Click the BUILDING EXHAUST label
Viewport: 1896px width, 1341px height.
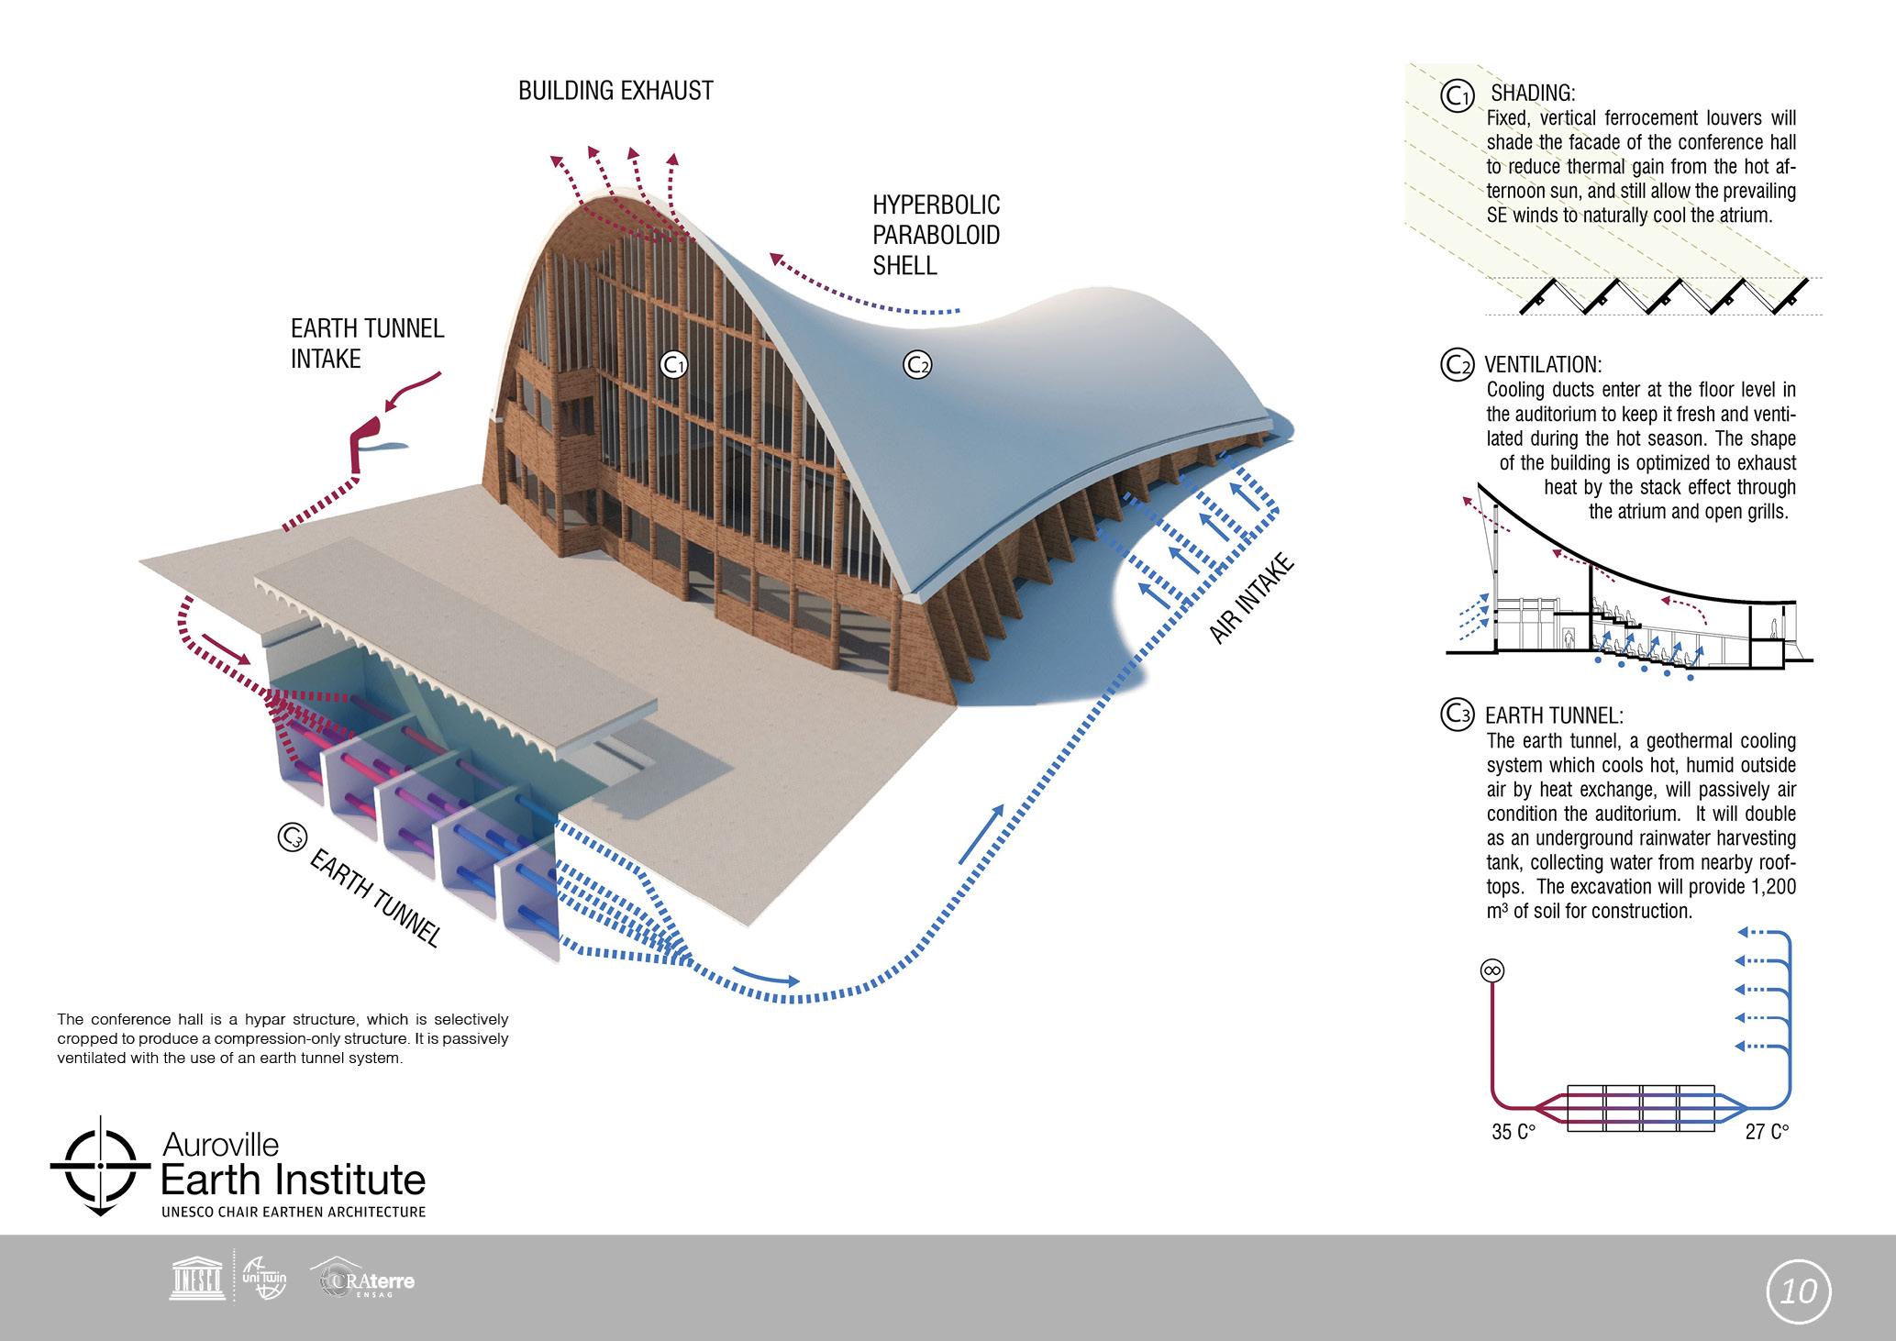(615, 91)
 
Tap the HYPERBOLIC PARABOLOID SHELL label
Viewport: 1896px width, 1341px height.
(936, 235)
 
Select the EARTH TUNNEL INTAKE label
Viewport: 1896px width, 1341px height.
(367, 344)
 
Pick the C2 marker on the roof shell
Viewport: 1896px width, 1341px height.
(917, 365)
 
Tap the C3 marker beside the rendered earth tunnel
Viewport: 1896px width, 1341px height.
(291, 837)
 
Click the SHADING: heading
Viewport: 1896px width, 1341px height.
(1533, 94)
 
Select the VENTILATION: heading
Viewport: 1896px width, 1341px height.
(1543, 364)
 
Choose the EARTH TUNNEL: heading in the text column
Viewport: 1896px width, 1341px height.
(1554, 715)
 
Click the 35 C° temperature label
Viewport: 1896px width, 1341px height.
(1513, 1132)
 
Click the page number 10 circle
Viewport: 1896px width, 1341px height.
(1799, 1291)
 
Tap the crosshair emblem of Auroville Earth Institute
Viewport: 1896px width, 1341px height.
(99, 1166)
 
